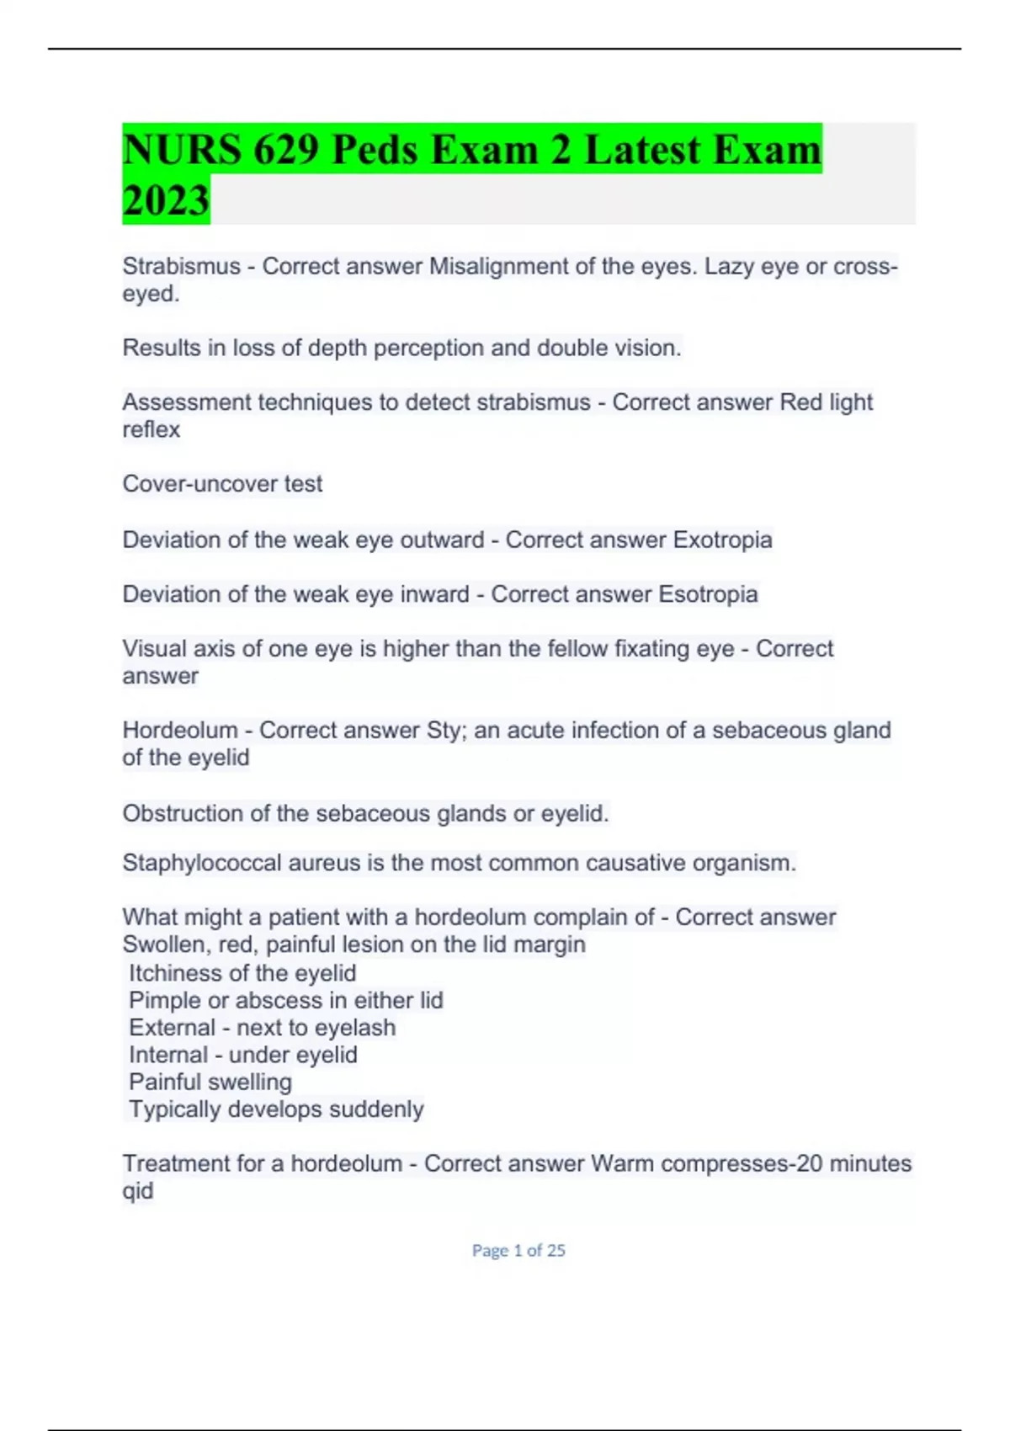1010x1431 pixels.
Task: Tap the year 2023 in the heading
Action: pos(166,200)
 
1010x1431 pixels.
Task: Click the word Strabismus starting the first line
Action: pos(181,266)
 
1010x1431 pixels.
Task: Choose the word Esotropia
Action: pos(708,594)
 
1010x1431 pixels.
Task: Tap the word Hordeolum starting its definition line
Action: pos(179,730)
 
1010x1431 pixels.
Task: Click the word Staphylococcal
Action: pos(201,863)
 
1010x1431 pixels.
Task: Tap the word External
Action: pos(172,1028)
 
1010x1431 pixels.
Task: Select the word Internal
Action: pos(168,1055)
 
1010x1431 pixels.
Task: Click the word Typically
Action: pos(174,1109)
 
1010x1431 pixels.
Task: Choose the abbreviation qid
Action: pos(138,1191)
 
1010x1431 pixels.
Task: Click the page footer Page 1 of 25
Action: pos(518,1251)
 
